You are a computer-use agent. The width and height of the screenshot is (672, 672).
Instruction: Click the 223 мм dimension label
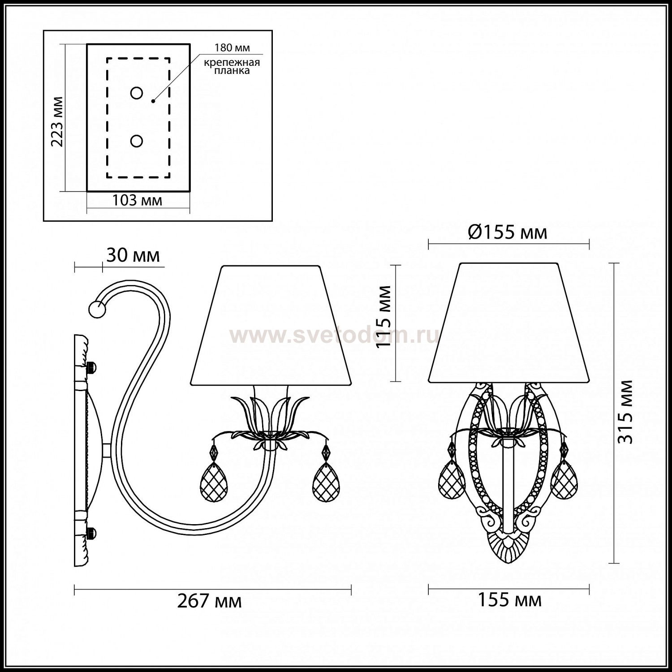(x=57, y=122)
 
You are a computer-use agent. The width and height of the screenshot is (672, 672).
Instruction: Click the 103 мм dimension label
(x=137, y=200)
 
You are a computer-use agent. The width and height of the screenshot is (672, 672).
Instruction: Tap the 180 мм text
(x=232, y=47)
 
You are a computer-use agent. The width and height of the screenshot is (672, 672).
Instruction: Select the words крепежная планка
(x=232, y=66)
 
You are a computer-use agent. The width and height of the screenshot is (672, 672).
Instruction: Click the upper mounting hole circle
(x=137, y=93)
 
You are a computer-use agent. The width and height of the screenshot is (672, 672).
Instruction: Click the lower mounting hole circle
(x=137, y=141)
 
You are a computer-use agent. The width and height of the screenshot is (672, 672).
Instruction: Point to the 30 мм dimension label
(x=133, y=255)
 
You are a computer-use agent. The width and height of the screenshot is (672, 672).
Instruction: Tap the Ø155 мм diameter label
(x=508, y=233)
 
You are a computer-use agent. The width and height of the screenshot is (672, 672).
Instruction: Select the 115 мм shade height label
(x=384, y=317)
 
